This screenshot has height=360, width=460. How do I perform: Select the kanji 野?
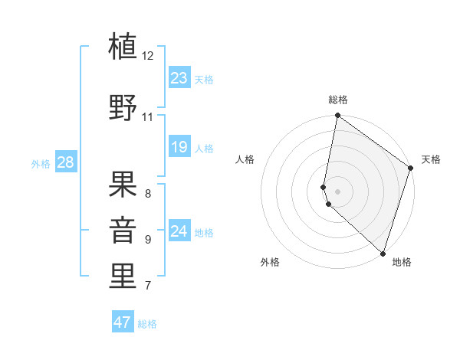coord(123,107)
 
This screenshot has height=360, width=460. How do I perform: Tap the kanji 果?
coord(123,185)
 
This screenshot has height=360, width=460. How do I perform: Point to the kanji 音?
coord(123,230)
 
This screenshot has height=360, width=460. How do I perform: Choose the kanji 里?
coord(123,277)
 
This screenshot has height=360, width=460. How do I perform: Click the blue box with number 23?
coord(179,78)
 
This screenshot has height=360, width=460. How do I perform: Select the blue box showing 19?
coord(179,147)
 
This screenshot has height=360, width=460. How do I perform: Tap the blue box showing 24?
coord(179,231)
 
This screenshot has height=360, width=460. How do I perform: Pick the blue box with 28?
coord(65,162)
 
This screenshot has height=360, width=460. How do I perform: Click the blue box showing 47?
coord(123,322)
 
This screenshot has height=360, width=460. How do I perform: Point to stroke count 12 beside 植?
coord(148,56)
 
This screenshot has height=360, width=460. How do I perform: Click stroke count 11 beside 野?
coord(148,117)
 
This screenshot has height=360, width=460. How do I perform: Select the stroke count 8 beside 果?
coord(148,193)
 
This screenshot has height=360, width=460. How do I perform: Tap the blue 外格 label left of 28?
coord(41,163)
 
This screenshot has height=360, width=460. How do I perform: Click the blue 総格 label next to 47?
coord(147,324)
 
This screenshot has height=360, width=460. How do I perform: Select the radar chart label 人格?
coord(245,159)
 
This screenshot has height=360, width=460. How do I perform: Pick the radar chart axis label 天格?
coord(431,159)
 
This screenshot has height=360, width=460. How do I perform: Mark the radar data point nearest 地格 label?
coord(383,253)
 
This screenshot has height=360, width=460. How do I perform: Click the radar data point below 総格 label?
coord(337,116)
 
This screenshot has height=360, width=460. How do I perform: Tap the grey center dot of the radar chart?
coord(337,191)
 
